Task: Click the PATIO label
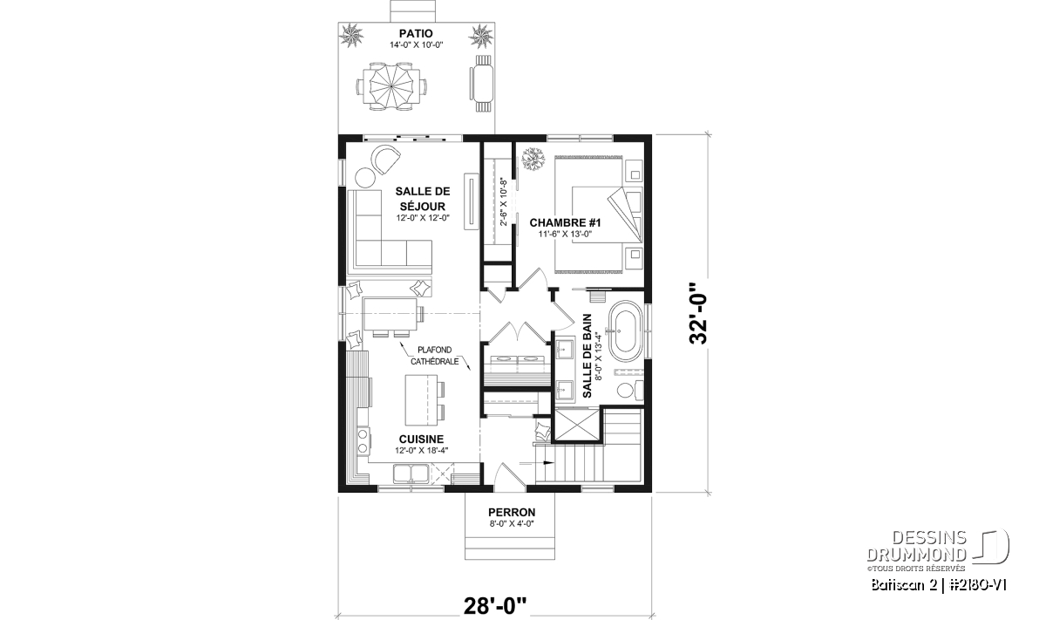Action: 416,34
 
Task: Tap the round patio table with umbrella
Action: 391,87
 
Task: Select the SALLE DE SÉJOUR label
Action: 423,199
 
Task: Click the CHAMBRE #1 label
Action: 565,222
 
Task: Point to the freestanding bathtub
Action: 627,331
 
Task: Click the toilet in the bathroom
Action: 630,389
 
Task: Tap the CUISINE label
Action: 421,439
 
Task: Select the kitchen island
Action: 422,400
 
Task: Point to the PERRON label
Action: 512,513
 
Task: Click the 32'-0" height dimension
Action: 699,313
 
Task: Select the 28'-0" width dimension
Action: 495,606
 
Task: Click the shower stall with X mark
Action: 576,426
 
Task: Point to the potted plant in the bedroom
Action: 533,159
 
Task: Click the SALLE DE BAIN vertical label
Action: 588,356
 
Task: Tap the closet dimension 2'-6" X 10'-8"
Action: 503,201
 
